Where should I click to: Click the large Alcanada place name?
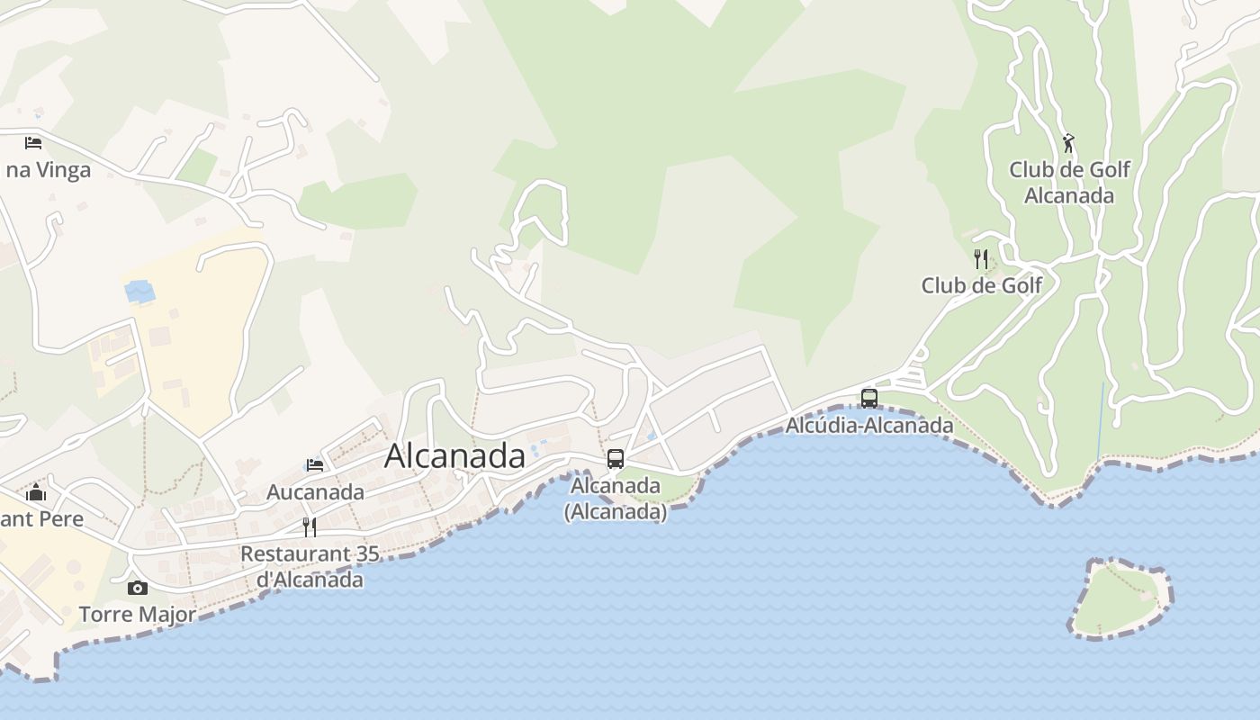pos(454,455)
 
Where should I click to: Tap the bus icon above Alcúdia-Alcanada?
pos(869,398)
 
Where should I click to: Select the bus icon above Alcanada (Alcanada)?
pos(616,458)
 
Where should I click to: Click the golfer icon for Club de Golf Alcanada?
pos(1068,143)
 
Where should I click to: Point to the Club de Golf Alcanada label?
pos(1069,183)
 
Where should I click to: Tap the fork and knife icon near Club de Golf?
pos(981,259)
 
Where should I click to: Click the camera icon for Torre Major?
pos(138,588)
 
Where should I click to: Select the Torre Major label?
pos(138,615)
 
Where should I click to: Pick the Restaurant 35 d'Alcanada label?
pos(310,566)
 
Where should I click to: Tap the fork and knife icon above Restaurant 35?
pos(310,526)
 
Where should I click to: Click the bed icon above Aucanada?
pos(315,465)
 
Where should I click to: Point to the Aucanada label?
pos(315,492)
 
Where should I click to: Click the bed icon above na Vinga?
pos(33,142)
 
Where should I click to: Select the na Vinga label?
pos(49,170)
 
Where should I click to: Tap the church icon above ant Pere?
pos(36,492)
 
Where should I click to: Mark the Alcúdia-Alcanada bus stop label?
pos(869,425)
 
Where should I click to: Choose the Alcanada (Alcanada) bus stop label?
pos(616,499)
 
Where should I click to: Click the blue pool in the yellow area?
pos(139,292)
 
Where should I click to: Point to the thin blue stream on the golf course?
pos(1101,423)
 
